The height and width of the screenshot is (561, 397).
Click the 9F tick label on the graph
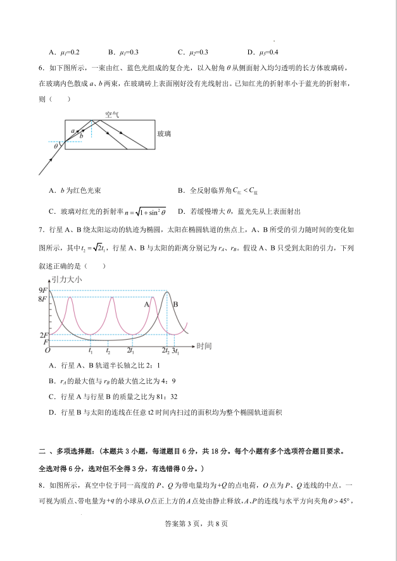click(43, 290)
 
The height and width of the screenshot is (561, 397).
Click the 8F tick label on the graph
click(43, 298)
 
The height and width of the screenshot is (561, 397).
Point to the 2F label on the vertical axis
click(43, 335)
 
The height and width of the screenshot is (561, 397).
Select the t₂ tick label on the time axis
click(108, 350)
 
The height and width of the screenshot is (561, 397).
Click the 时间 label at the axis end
click(204, 346)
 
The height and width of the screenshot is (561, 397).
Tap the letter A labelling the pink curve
click(146, 304)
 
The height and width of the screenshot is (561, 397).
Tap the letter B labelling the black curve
click(175, 304)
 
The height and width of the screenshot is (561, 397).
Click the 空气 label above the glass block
click(112, 115)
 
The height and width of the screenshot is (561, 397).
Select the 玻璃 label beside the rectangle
click(165, 134)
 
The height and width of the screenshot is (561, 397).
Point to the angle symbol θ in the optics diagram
click(56, 146)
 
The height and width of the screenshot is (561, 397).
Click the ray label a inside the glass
click(73, 131)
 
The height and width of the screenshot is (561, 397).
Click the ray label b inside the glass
click(81, 136)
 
